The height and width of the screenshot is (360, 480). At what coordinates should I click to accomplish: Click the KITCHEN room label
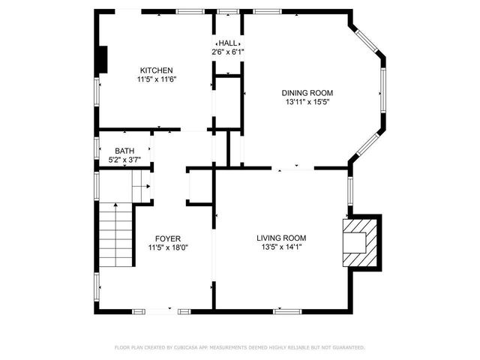click(156, 70)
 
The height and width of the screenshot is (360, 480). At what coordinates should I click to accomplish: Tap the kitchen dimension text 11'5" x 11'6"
click(156, 79)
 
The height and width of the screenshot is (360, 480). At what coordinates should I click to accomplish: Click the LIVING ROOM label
click(283, 238)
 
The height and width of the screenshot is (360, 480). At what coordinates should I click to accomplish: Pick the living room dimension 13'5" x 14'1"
click(283, 247)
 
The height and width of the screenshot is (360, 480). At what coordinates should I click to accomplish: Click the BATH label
click(124, 151)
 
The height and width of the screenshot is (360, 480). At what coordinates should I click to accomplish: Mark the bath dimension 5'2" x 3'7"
click(124, 160)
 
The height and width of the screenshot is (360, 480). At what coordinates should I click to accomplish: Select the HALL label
click(227, 43)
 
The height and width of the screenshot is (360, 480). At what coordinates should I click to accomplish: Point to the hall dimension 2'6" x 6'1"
click(227, 52)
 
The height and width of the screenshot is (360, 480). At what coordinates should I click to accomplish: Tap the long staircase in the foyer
click(115, 235)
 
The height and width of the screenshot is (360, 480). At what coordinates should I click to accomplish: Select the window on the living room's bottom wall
click(286, 310)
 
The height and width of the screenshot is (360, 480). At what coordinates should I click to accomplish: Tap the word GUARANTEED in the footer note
click(346, 348)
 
